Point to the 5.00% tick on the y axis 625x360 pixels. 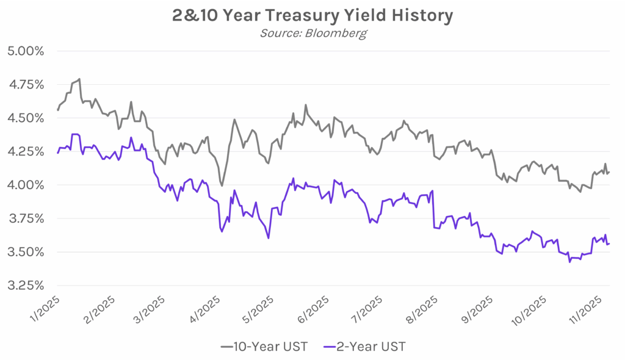pyautogui.click(x=25, y=51)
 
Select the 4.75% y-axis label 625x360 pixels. pyautogui.click(x=25, y=84)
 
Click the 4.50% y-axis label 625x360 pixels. pyautogui.click(x=25, y=118)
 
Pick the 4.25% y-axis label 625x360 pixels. pyautogui.click(x=25, y=151)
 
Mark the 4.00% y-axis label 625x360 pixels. pyautogui.click(x=25, y=185)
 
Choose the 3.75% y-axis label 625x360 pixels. pyautogui.click(x=25, y=218)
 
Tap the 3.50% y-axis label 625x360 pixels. pyautogui.click(x=25, y=252)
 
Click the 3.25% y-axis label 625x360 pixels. pyautogui.click(x=25, y=286)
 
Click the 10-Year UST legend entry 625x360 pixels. pyautogui.click(x=264, y=347)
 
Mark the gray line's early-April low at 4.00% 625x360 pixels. pyautogui.click(x=222, y=185)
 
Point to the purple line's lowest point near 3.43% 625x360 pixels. pyautogui.click(x=569, y=262)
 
